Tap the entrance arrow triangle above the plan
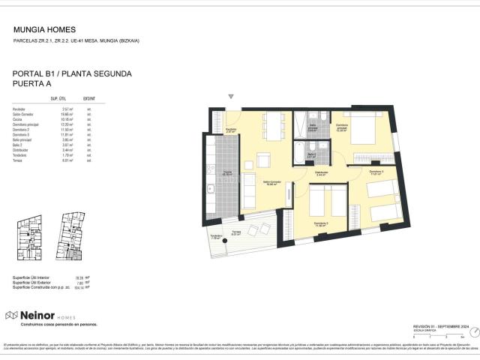(231, 97)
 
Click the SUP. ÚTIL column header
(60, 99)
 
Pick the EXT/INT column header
(89, 99)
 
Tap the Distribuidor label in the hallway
(321, 172)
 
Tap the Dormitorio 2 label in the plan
(321, 223)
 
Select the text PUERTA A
(34, 85)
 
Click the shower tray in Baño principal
(301, 121)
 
